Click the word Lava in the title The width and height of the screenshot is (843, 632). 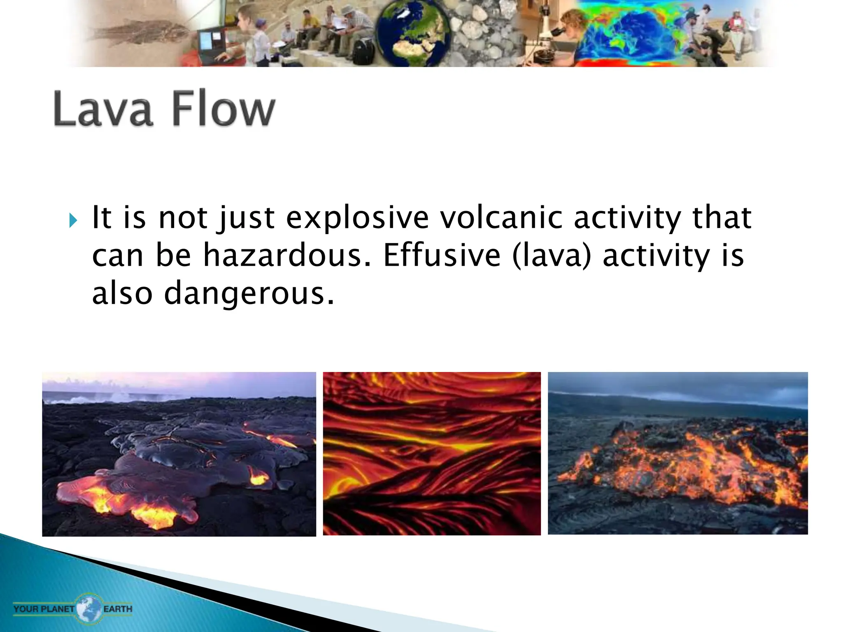(103, 109)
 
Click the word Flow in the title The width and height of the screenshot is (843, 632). (223, 109)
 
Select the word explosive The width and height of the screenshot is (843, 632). (357, 218)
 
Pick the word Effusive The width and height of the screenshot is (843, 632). (442, 256)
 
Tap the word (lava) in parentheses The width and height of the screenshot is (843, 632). (552, 256)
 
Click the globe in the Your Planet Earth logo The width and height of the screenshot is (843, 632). (89, 608)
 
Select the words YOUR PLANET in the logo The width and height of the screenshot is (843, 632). (44, 609)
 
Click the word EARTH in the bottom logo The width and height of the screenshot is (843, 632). (118, 609)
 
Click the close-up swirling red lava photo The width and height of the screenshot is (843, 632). (431, 453)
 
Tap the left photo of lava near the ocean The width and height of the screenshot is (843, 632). (179, 454)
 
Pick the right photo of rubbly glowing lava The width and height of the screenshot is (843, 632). (678, 453)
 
